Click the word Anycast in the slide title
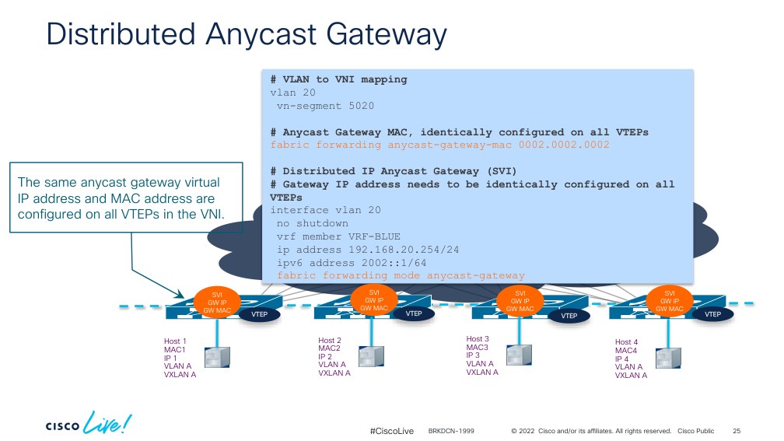[x=261, y=35]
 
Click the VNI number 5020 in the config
[x=361, y=106]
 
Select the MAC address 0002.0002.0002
[x=564, y=145]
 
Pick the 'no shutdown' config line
[x=313, y=223]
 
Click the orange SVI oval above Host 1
[x=217, y=303]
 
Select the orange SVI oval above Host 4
[x=670, y=301]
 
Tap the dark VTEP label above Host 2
[x=414, y=313]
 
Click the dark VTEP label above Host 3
[x=569, y=316]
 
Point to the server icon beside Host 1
[x=218, y=358]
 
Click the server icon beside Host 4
[x=668, y=358]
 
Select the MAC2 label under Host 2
[x=329, y=348]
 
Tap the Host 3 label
[x=478, y=339]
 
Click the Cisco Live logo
[x=89, y=423]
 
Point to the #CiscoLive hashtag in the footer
[x=391, y=431]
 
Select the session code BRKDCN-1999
[x=451, y=431]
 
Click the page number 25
[x=737, y=431]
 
